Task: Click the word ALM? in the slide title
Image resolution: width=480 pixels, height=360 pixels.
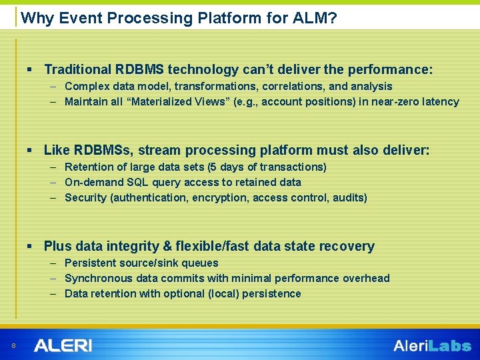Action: click(314, 18)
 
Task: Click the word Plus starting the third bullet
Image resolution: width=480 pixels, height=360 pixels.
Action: click(57, 246)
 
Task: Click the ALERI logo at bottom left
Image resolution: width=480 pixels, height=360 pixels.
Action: click(63, 345)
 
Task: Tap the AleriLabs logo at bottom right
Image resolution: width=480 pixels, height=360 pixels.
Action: click(432, 346)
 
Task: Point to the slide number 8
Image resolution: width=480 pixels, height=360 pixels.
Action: click(14, 345)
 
